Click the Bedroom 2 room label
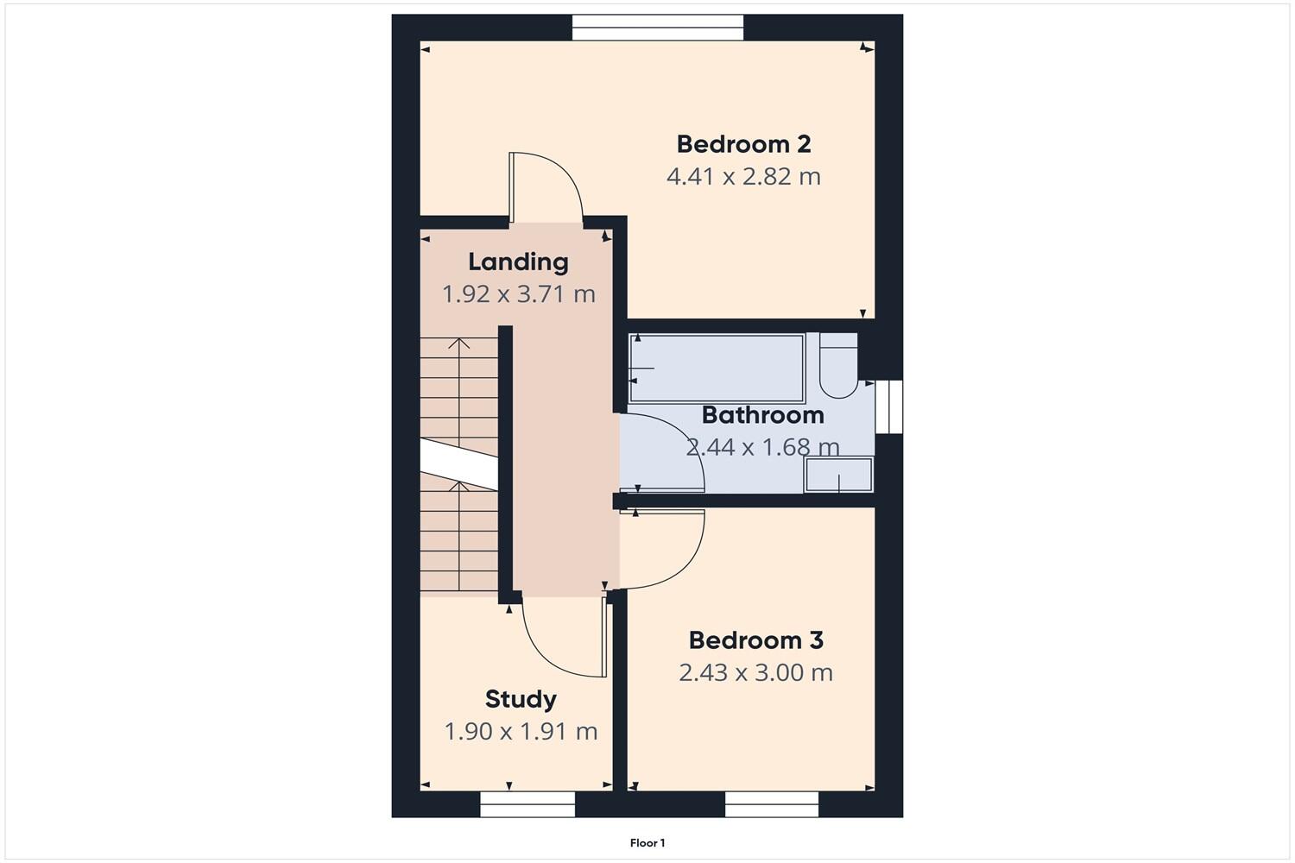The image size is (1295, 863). click(x=743, y=144)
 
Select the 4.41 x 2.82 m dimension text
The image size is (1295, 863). click(x=743, y=177)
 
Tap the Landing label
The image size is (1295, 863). click(x=518, y=261)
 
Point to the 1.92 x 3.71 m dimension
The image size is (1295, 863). click(x=519, y=294)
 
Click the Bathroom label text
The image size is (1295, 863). click(x=762, y=415)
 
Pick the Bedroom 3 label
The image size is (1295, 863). click(x=755, y=640)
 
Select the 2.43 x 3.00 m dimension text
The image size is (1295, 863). click(x=755, y=673)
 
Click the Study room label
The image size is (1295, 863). click(x=520, y=699)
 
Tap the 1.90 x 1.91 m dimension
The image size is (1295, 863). click(x=521, y=732)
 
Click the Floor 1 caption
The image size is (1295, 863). click(x=647, y=843)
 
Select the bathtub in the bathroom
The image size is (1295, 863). click(x=717, y=369)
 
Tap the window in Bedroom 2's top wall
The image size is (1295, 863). click(x=657, y=27)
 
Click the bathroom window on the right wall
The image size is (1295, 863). click(x=888, y=406)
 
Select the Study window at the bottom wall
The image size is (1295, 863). click(x=527, y=804)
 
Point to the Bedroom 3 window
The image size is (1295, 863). click(x=771, y=804)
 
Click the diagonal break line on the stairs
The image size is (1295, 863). click(x=458, y=461)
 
